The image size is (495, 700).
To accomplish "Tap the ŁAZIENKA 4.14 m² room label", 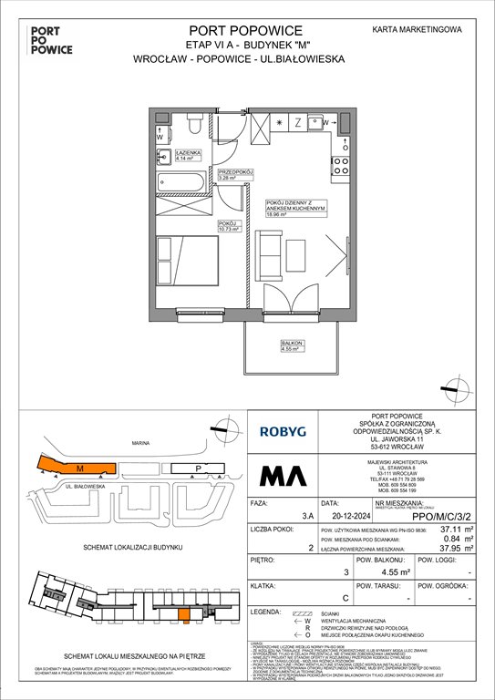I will (175, 156).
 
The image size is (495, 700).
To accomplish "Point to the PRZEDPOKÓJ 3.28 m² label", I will (234, 174).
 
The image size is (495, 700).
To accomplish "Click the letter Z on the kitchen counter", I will (296, 122).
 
